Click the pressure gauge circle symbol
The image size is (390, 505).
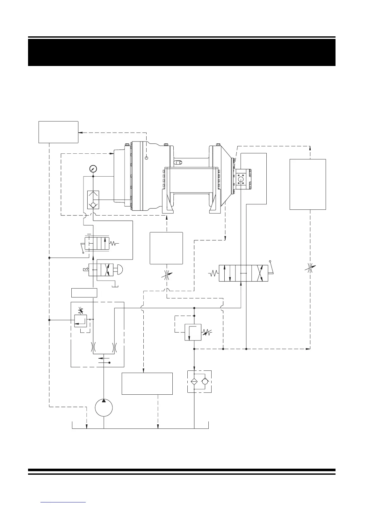click(x=93, y=168)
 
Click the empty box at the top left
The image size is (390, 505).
click(x=58, y=132)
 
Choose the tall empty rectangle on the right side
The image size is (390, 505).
click(x=307, y=184)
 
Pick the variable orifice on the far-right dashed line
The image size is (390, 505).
click(x=310, y=268)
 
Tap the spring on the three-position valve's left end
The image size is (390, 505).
click(x=213, y=273)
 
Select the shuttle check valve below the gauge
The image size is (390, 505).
click(x=93, y=200)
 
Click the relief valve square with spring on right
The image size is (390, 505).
click(x=193, y=332)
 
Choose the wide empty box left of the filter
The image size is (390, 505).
click(x=147, y=384)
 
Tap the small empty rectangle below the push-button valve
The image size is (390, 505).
click(x=84, y=292)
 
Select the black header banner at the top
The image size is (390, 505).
click(x=182, y=52)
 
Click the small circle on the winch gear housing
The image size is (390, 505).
click(x=147, y=157)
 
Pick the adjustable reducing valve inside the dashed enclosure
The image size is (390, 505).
click(x=80, y=320)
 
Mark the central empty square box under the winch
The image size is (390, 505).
click(x=166, y=248)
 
